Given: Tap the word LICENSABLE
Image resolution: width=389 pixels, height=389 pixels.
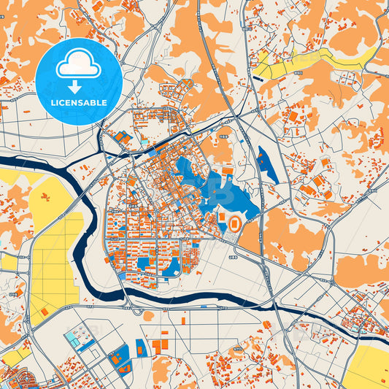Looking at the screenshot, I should click(79, 103).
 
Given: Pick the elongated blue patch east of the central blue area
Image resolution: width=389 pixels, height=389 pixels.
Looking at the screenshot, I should click(266, 164).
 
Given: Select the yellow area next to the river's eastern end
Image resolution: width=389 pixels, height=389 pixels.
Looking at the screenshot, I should click(369, 365).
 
